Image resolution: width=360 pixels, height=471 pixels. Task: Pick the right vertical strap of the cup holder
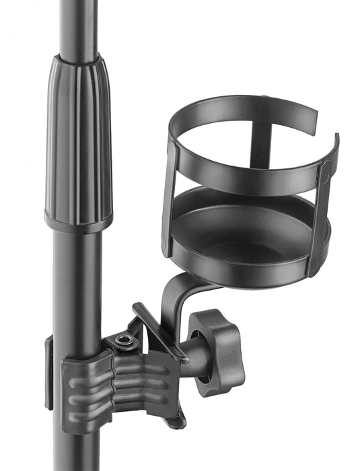pos(322,215)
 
